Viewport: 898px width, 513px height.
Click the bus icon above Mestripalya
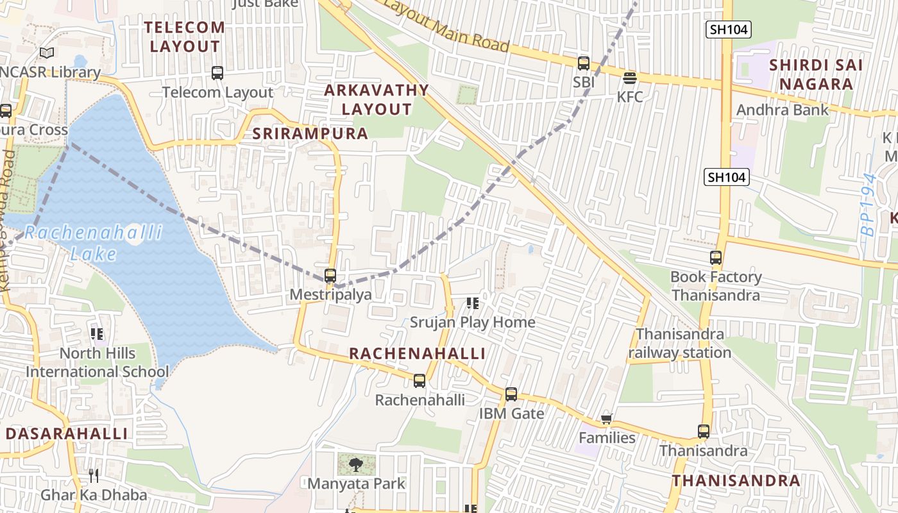330,276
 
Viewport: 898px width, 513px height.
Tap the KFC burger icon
630,78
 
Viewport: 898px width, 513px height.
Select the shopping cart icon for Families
606,419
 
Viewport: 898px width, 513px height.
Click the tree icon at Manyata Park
356,464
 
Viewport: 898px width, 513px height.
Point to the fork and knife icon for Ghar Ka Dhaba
94,476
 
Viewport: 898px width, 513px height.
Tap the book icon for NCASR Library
46,53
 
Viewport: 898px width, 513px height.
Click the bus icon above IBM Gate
511,394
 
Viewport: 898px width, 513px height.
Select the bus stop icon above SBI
584,63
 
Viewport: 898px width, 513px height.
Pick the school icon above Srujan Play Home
473,303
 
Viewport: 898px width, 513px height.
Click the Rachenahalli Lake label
94,242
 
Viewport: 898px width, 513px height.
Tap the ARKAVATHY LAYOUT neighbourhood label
376,99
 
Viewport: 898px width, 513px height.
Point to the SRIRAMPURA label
310,133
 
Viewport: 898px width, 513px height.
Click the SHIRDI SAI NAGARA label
816,74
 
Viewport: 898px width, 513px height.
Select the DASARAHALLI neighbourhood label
67,433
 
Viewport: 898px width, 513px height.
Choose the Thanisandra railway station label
680,343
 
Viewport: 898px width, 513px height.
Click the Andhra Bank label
783,110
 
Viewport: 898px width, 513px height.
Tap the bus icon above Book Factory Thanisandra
716,258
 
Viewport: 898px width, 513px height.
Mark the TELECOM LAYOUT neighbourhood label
185,37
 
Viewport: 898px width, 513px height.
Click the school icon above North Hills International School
97,333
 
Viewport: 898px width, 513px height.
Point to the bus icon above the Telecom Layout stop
217,73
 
